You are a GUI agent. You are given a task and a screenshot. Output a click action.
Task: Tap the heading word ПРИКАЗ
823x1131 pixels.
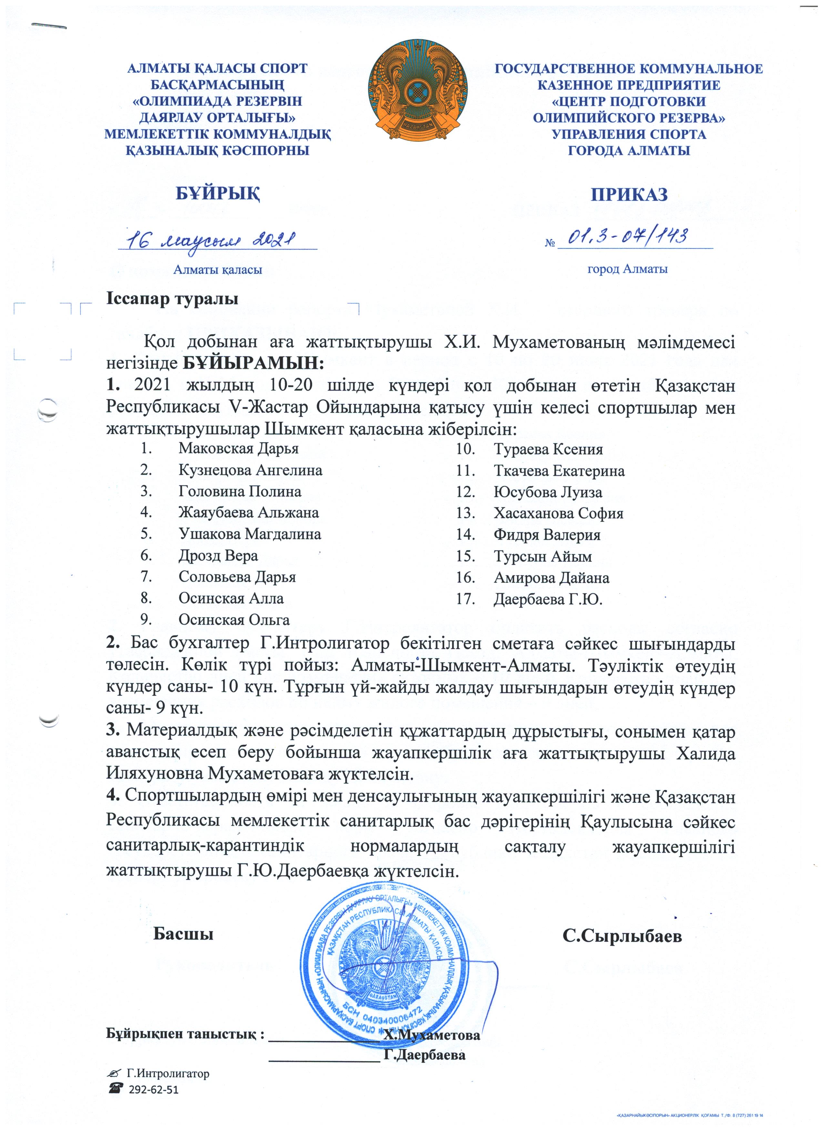(x=629, y=194)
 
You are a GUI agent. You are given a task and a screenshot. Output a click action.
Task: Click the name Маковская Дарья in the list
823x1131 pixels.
(x=239, y=448)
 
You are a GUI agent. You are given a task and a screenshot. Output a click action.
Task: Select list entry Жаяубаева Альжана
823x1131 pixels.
(x=249, y=513)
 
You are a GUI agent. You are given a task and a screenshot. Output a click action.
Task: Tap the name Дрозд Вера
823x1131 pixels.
(x=218, y=556)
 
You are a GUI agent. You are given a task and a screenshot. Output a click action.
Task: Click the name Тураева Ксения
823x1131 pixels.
(x=548, y=449)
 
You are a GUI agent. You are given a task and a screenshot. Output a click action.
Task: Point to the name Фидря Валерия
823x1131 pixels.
(x=546, y=535)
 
